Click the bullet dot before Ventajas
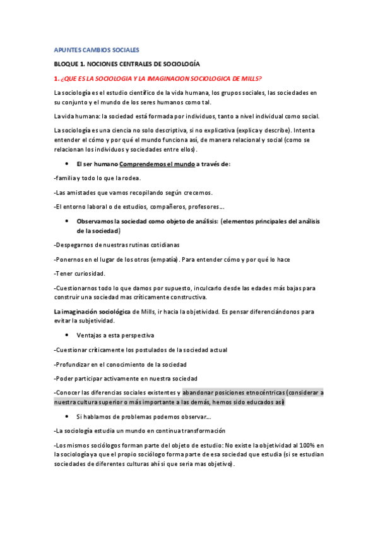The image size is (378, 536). coord(66,335)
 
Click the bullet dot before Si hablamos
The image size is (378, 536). coord(66,417)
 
